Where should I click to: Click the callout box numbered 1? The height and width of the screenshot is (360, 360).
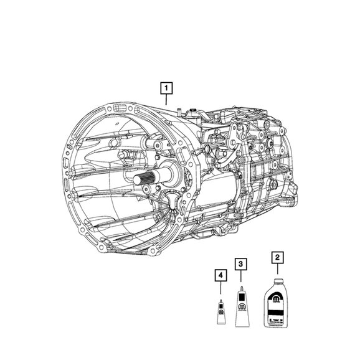click(166, 88)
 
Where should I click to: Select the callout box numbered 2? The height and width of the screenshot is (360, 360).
click(277, 257)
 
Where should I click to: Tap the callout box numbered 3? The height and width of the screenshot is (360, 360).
click(240, 264)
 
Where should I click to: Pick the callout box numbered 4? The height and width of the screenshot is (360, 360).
click(220, 275)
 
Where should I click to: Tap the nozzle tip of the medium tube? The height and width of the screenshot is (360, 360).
click(242, 288)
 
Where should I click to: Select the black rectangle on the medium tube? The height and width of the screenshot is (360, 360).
click(242, 297)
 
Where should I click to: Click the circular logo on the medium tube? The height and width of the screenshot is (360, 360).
click(242, 306)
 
